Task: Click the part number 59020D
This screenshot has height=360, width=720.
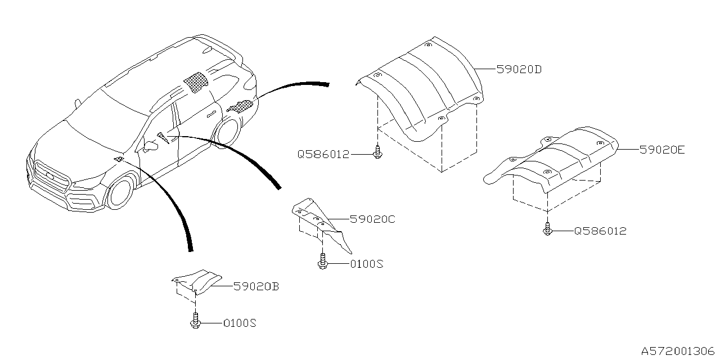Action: (519, 70)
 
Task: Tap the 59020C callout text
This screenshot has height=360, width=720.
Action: (372, 219)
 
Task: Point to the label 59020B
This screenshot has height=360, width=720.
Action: (256, 287)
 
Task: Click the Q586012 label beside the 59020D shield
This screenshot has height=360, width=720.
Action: (323, 154)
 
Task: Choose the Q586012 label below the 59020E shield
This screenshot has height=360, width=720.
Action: (600, 231)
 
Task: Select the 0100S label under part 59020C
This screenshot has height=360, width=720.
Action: (366, 263)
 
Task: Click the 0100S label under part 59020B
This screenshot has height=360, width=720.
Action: (240, 323)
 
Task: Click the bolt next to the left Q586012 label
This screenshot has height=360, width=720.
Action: (377, 152)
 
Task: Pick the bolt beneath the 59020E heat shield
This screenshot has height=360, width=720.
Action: (547, 229)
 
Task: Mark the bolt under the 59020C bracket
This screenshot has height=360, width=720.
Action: (322, 262)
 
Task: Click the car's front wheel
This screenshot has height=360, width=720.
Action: (119, 191)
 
